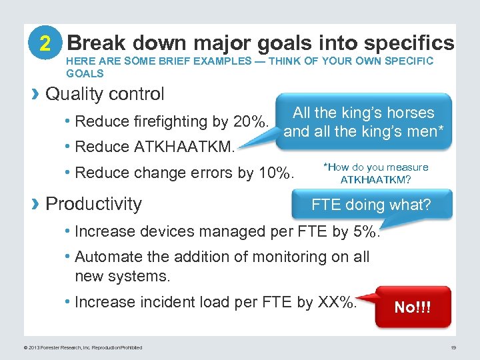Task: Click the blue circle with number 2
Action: click(45, 43)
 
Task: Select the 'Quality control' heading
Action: click(105, 94)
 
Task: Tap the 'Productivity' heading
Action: click(93, 203)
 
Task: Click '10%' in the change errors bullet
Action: click(275, 173)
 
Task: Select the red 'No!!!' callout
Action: click(413, 307)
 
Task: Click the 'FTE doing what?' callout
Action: click(371, 205)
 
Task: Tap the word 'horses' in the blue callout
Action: click(407, 113)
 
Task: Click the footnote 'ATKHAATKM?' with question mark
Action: click(375, 180)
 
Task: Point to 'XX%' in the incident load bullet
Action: click(337, 302)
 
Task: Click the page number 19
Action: click(453, 347)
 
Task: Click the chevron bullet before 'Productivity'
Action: click(36, 203)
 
